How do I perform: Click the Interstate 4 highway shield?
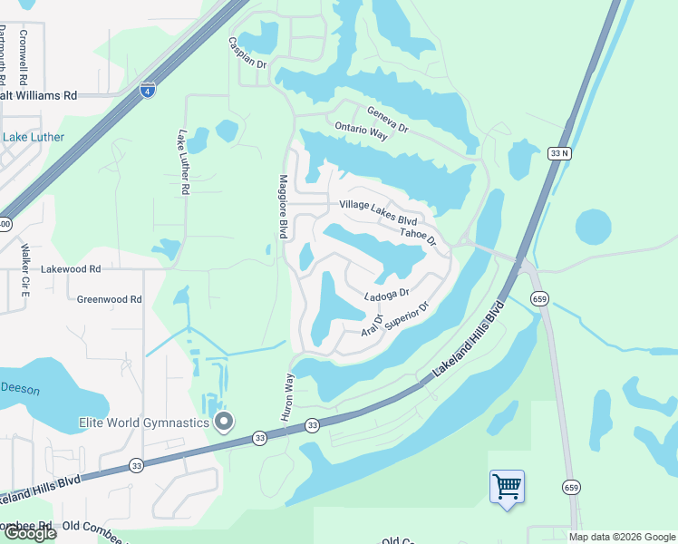147,89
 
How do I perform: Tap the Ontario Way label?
361,131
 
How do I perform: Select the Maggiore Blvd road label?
283,208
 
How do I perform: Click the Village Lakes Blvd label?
378,212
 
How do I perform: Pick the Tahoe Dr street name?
420,235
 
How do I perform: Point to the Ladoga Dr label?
387,294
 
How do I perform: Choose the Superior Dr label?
405,316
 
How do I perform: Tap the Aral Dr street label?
373,325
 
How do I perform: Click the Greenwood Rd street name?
109,298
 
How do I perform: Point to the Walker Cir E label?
25,271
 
